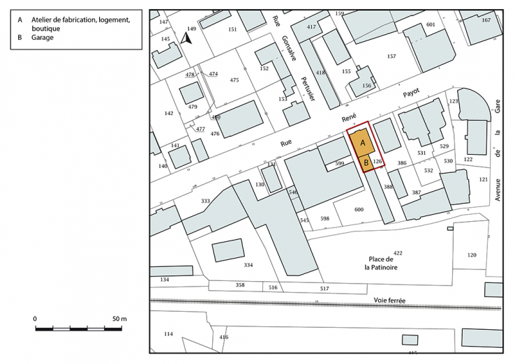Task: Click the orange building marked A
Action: [x=362, y=142]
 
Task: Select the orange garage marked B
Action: [x=366, y=163]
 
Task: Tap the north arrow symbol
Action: [x=186, y=39]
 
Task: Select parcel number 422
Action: [x=398, y=252]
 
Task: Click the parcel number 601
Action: [x=430, y=25]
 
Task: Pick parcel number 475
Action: [x=234, y=81]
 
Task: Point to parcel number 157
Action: [x=391, y=56]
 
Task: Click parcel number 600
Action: [x=359, y=210]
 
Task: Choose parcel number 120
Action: [x=472, y=255]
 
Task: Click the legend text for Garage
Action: [x=43, y=38]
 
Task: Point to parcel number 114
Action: [x=167, y=334]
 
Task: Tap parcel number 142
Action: [x=168, y=113]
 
